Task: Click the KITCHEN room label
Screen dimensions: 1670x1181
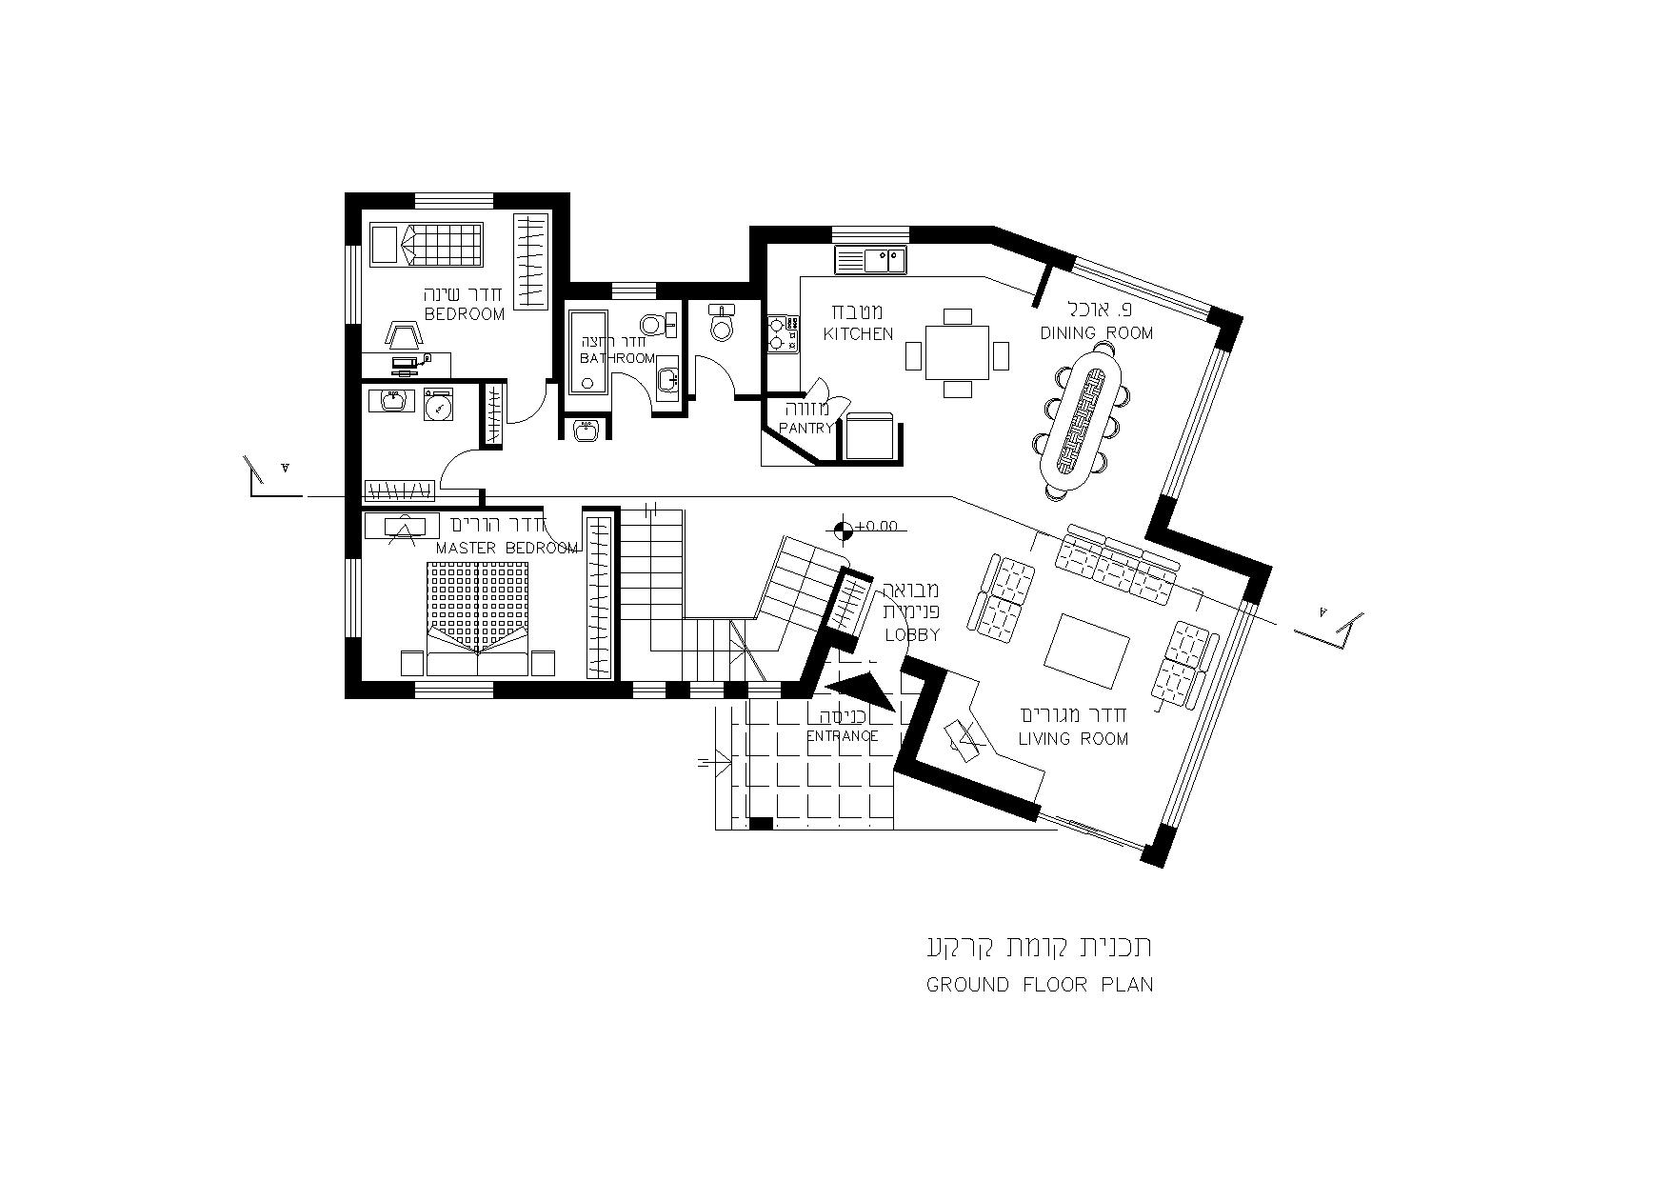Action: (858, 333)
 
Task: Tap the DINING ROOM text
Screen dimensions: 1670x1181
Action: (1096, 332)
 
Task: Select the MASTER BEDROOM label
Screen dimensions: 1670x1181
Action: (507, 548)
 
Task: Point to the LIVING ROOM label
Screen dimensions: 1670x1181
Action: (1073, 738)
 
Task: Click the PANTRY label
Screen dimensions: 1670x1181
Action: (806, 429)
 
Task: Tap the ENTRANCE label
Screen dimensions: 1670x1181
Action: (842, 735)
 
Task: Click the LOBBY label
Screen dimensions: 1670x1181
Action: (912, 634)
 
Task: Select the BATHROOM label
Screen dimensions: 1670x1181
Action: (618, 358)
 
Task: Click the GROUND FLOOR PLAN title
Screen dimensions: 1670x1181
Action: (1040, 985)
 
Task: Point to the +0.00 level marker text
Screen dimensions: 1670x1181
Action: (877, 525)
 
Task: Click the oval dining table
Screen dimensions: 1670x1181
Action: (1082, 420)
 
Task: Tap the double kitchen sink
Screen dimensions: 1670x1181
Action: (870, 259)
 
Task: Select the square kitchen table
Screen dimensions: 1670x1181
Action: (957, 352)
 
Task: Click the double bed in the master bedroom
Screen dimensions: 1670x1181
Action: (477, 618)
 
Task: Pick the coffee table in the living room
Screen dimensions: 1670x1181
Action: (1087, 651)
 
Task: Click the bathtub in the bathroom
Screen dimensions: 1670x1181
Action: (587, 350)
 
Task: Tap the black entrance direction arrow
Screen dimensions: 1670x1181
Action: (861, 692)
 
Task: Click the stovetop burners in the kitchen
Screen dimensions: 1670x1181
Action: (780, 334)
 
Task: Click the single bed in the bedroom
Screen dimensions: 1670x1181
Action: (426, 244)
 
